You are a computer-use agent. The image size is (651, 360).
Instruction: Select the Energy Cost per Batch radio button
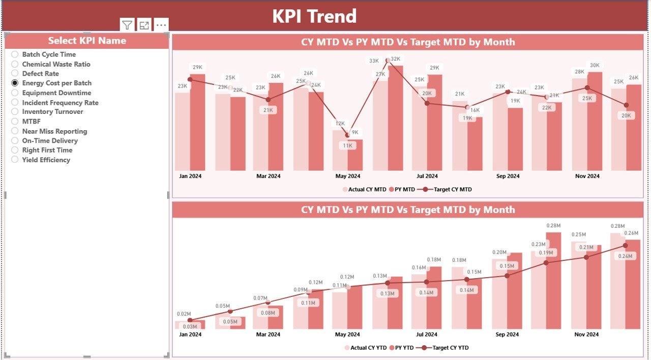15,83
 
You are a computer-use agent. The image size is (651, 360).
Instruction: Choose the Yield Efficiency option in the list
15,160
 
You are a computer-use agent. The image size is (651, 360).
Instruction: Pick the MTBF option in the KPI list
15,122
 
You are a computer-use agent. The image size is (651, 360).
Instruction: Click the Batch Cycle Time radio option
15,54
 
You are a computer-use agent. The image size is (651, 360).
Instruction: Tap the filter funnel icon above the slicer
127,25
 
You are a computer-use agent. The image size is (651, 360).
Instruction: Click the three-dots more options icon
161,25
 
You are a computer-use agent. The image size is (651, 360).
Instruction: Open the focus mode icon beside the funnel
144,25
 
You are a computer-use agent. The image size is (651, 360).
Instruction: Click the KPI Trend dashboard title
314,16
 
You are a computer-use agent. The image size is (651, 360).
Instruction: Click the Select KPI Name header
87,41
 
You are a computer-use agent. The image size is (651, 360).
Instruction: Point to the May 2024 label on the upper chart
347,176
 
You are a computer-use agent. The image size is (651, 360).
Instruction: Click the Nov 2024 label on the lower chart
587,335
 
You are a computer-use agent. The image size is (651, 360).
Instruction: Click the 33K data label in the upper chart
374,61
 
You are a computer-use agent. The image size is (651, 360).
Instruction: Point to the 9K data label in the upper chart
354,132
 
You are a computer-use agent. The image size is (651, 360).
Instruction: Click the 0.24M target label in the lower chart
625,256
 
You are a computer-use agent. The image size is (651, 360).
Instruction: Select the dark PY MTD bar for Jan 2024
197,122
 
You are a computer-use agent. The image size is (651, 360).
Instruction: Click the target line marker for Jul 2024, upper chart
427,103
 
